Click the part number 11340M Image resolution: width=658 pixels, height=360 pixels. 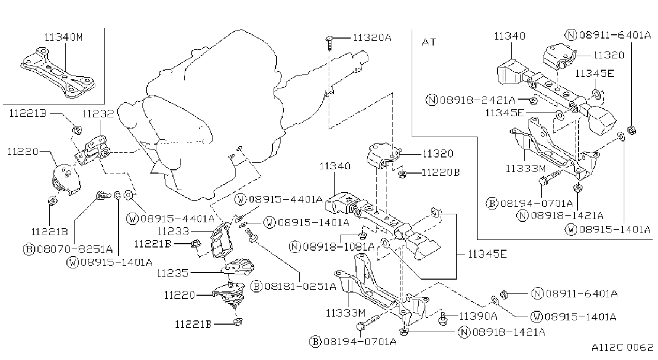[64, 37]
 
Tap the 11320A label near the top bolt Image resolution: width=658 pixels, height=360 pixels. [372, 37]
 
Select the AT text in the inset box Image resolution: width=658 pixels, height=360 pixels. [429, 42]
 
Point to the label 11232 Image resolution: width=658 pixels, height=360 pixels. [98, 114]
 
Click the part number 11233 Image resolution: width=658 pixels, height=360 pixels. [173, 231]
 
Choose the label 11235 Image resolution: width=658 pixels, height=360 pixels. [172, 273]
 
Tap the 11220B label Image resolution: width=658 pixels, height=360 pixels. [441, 172]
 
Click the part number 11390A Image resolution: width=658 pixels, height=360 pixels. [478, 316]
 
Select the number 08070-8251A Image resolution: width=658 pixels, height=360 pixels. [74, 250]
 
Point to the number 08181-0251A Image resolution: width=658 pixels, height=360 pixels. [300, 286]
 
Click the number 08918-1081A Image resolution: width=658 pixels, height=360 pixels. [339, 246]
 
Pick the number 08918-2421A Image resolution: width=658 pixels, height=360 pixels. [478, 101]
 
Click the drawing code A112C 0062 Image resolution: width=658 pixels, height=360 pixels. [623, 348]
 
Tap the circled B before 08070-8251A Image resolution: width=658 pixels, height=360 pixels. [29, 250]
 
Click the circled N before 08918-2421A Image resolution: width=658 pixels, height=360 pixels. [432, 100]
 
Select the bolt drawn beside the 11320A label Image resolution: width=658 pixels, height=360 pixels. [329, 43]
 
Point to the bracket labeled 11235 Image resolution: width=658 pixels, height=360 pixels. [238, 267]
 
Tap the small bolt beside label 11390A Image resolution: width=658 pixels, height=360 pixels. [443, 319]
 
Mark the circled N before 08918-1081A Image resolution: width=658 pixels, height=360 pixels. [295, 246]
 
